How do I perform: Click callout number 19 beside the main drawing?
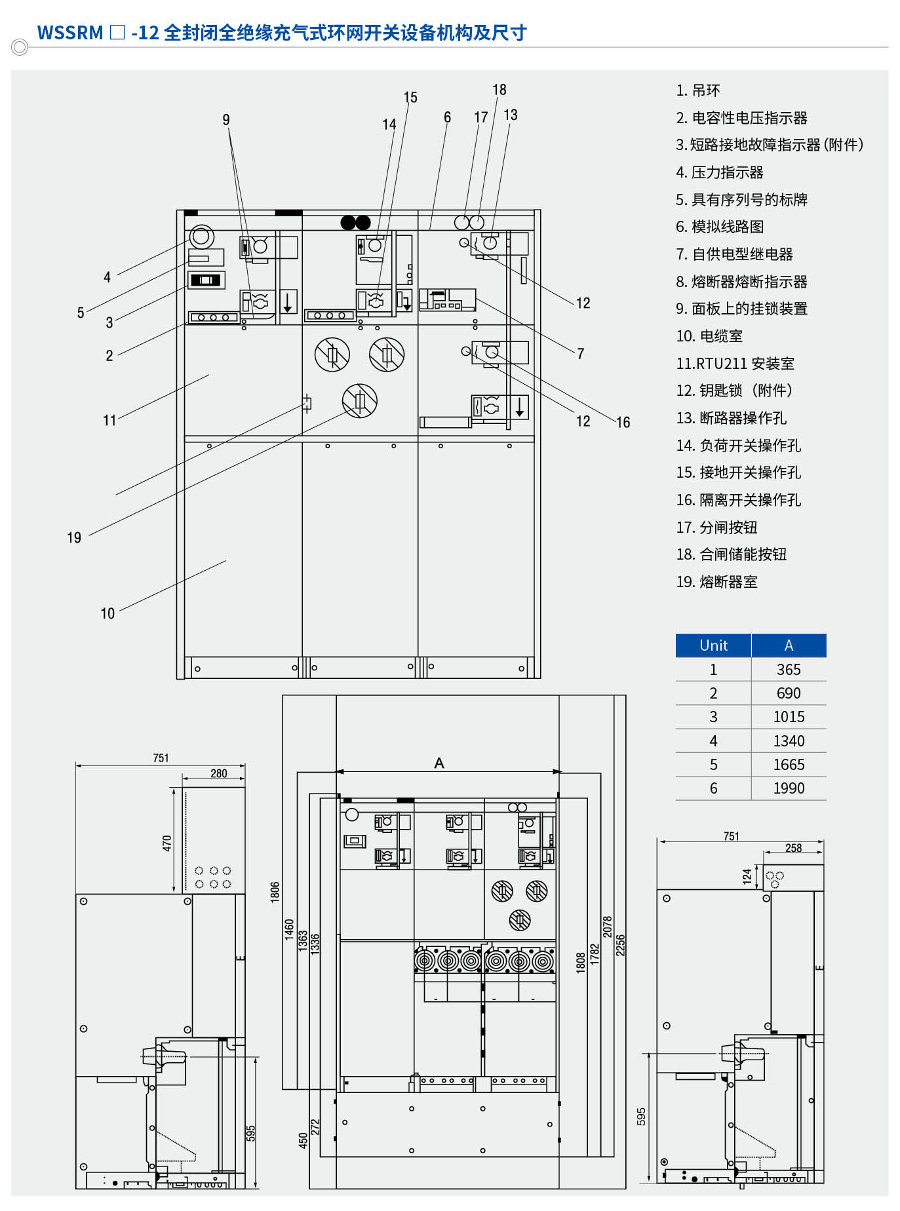click(74, 538)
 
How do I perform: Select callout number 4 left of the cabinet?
click(107, 277)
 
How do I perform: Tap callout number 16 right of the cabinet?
click(623, 423)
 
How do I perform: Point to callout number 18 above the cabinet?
click(499, 90)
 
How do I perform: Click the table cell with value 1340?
click(789, 741)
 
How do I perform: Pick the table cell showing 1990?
click(789, 788)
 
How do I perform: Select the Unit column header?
click(713, 645)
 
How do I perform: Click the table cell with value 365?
click(789, 670)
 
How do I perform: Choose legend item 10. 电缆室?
click(709, 336)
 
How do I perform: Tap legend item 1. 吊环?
click(697, 90)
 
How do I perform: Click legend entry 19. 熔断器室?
click(716, 582)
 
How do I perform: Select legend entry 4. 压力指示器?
click(719, 172)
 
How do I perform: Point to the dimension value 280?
click(219, 774)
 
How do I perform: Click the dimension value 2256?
click(620, 945)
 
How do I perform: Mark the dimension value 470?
click(167, 843)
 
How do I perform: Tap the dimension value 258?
click(793, 848)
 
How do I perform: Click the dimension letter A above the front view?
click(439, 763)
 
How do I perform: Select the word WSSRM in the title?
click(70, 33)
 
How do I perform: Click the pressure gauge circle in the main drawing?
click(202, 236)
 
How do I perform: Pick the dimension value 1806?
click(275, 892)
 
